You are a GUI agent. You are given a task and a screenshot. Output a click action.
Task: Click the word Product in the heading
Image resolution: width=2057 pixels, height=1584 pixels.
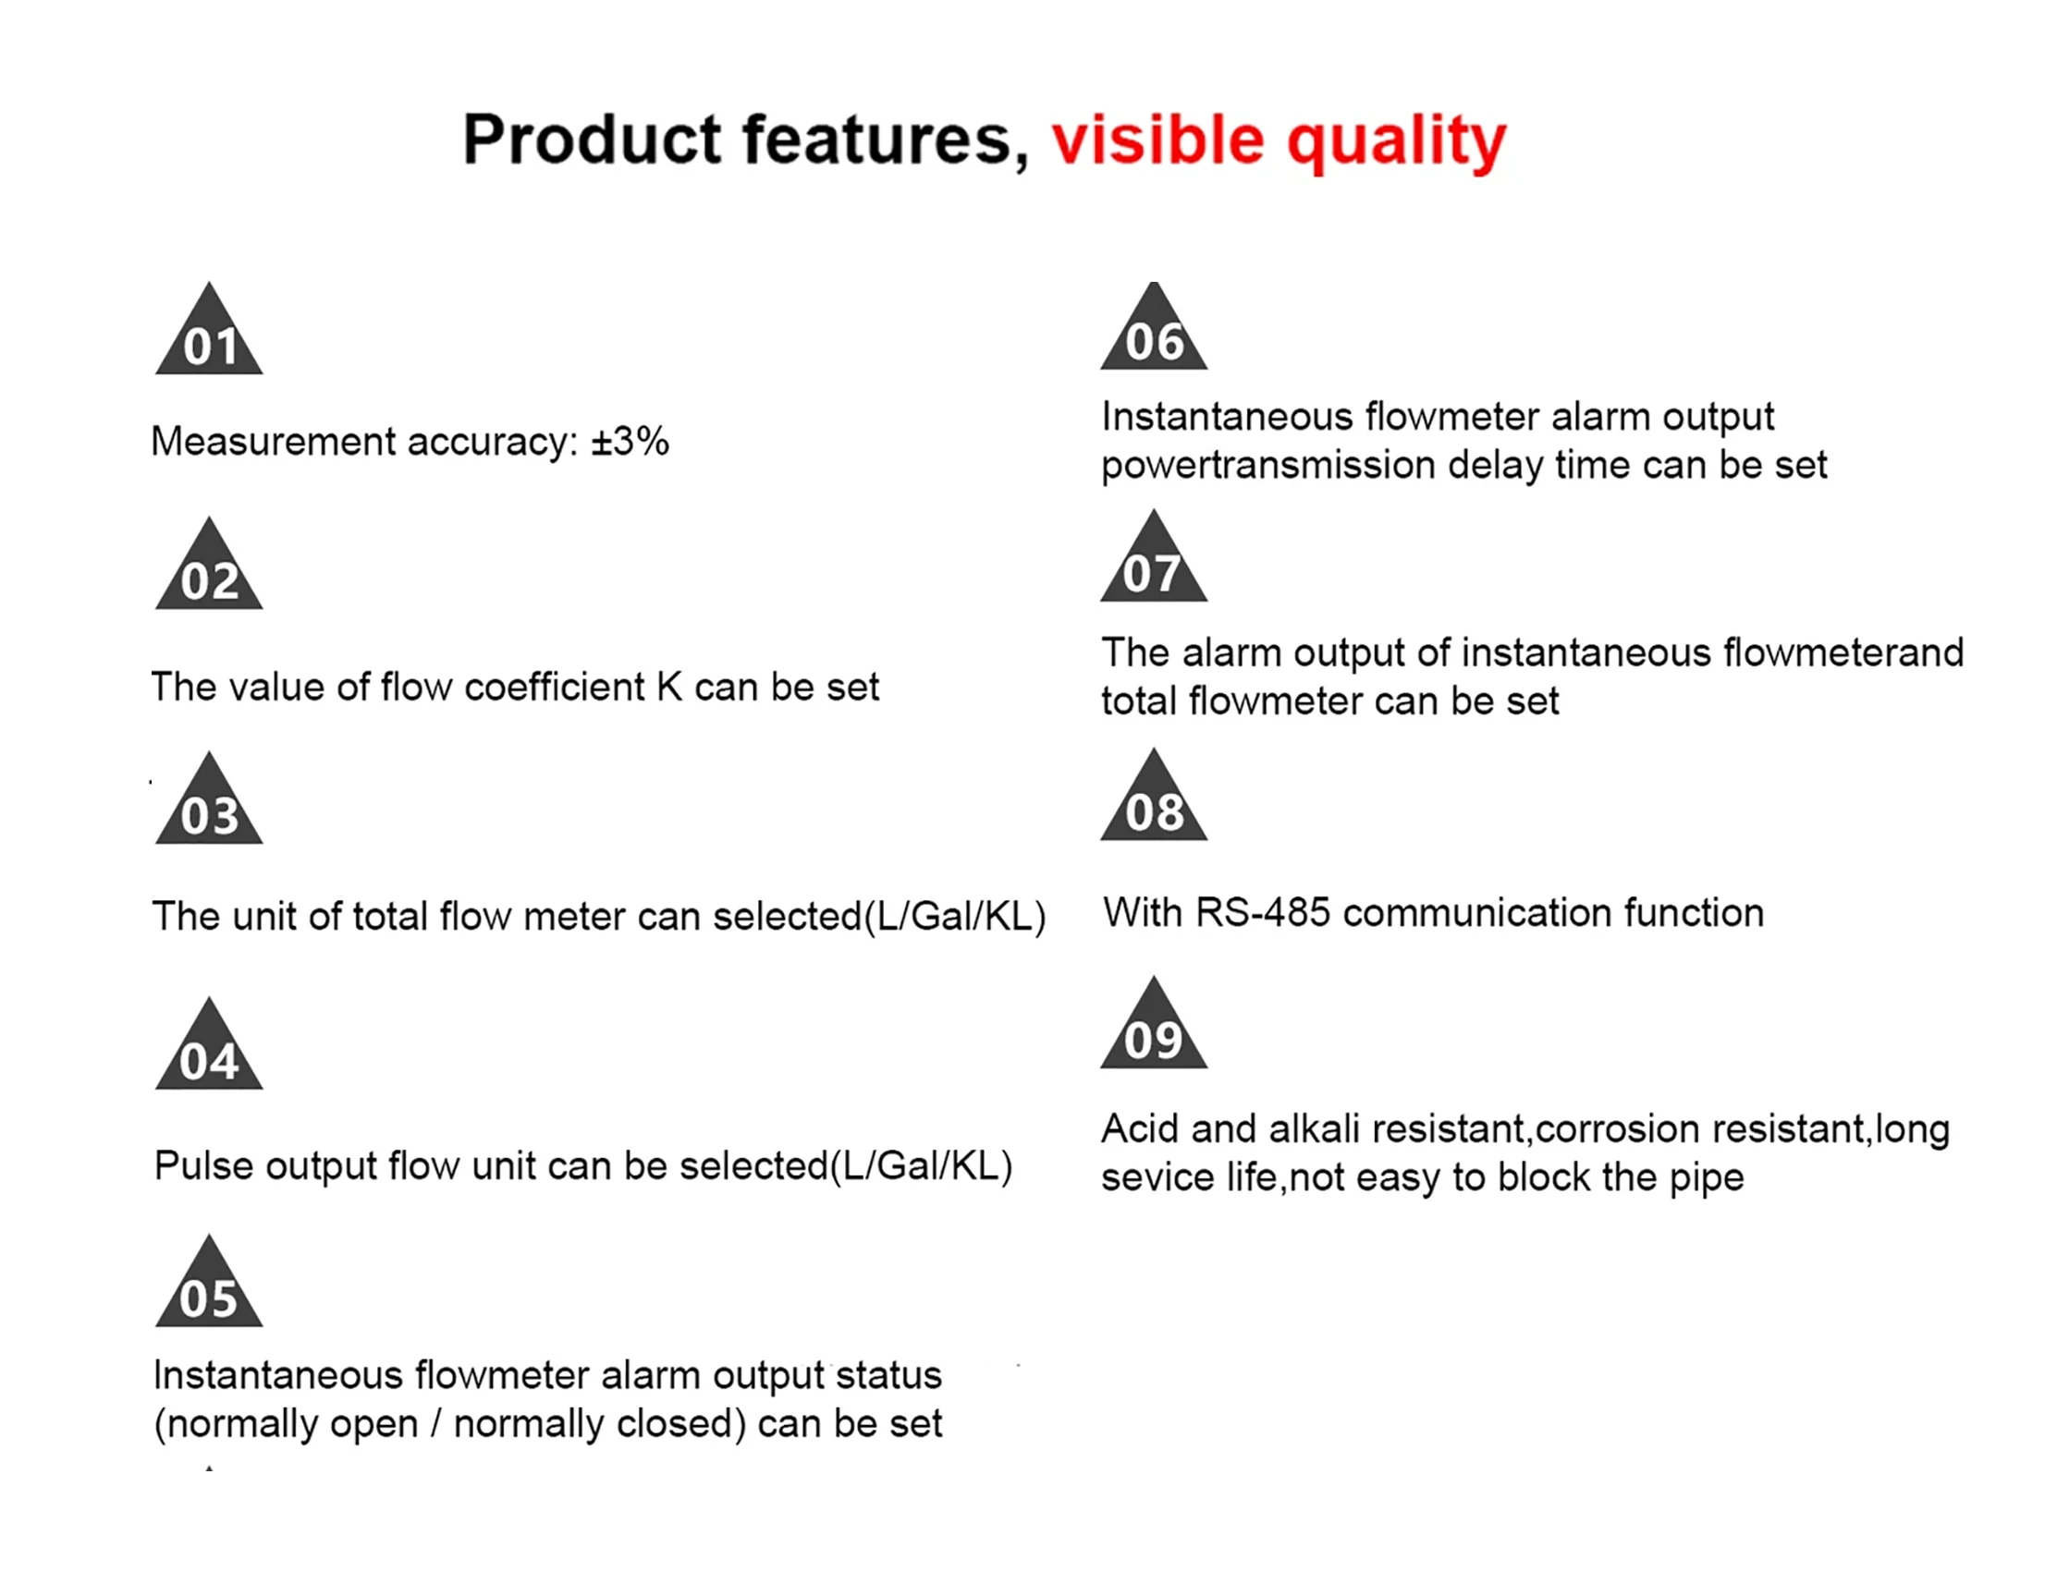click(x=593, y=140)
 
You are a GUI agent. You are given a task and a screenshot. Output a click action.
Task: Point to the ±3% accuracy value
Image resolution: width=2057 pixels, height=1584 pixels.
click(x=631, y=441)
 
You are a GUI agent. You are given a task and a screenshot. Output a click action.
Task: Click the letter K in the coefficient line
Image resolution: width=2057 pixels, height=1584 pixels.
click(x=669, y=687)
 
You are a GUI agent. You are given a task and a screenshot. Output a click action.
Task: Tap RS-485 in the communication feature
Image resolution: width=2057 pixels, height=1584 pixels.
click(x=1263, y=912)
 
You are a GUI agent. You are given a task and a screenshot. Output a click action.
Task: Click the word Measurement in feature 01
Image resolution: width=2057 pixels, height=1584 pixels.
click(x=272, y=441)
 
